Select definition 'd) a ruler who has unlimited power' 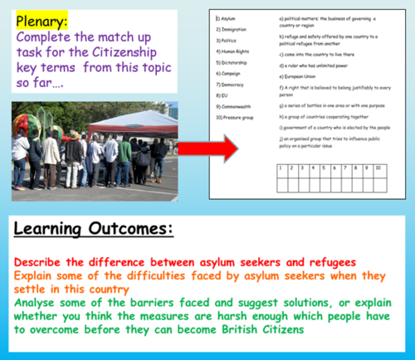318,62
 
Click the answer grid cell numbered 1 281,168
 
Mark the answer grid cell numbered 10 378,168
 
